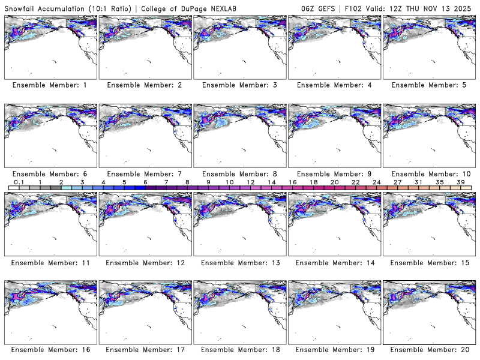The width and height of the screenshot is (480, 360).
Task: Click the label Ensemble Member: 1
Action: [49, 85]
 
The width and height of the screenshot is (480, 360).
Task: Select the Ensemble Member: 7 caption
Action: [144, 173]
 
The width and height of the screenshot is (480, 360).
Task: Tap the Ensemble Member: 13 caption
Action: [239, 262]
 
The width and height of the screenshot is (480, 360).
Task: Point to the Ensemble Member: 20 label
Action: [428, 350]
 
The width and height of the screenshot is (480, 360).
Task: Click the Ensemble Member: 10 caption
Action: [428, 173]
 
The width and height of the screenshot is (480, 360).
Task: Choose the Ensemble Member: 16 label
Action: [49, 350]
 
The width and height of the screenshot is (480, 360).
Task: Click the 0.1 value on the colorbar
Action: [19, 182]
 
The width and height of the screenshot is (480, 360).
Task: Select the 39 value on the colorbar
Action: [460, 182]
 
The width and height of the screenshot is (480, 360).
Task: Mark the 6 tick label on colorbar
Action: [145, 182]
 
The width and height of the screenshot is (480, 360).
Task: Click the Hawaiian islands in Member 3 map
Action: [244, 61]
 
